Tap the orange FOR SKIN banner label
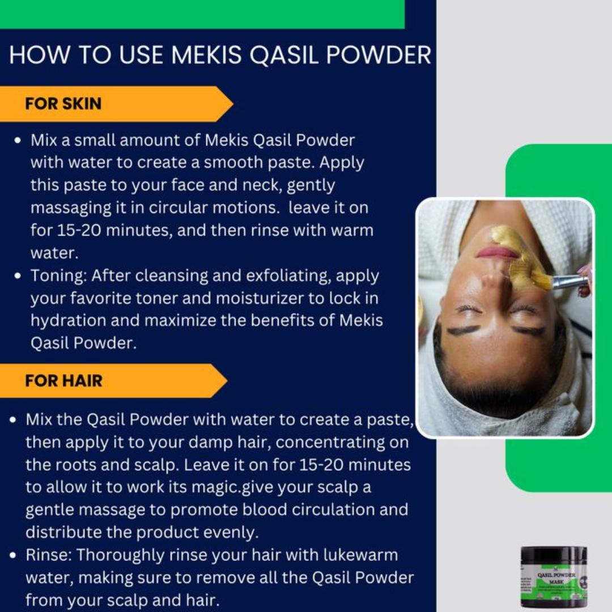63,104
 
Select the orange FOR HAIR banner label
63,380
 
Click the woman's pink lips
497,252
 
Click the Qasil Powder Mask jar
554,576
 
